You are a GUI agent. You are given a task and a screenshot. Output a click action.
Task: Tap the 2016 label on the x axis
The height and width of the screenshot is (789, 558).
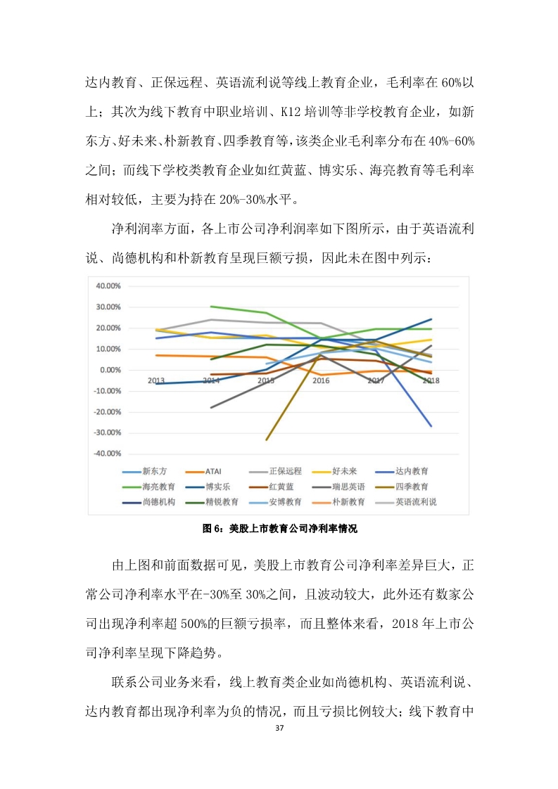pyautogui.click(x=321, y=380)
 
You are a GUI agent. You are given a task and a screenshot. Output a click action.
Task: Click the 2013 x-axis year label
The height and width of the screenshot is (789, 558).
pyautogui.click(x=156, y=380)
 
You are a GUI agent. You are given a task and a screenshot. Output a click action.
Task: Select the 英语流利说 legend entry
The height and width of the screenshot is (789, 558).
pyautogui.click(x=416, y=502)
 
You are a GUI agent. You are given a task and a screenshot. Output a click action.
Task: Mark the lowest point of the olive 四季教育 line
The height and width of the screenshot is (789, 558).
pyautogui.click(x=267, y=440)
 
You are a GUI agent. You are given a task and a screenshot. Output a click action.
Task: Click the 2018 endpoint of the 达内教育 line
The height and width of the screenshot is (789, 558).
pyautogui.click(x=431, y=426)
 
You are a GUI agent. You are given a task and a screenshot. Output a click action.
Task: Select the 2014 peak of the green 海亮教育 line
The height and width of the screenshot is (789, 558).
pyautogui.click(x=211, y=307)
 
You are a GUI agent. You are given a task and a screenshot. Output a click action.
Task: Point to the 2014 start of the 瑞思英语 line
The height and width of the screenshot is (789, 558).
pyautogui.click(x=211, y=407)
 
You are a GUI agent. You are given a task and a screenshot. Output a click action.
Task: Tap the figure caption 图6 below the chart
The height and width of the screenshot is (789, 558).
pyautogui.click(x=279, y=530)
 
